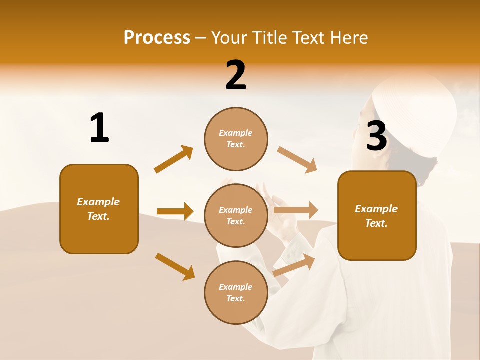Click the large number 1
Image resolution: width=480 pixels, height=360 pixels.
pos(99,128)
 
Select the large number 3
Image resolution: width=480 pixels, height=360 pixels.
pos(376,136)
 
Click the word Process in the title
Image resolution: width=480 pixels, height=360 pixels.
pos(157,37)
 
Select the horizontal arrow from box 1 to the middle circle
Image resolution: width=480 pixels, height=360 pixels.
pos(175,211)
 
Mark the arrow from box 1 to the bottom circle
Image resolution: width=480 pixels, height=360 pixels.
pos(175,266)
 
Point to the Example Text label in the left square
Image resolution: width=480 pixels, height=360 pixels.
pos(98,209)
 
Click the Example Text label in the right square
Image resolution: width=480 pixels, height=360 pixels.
pos(376,216)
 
